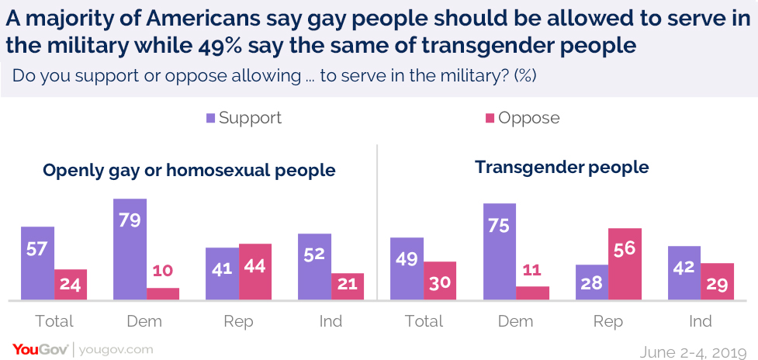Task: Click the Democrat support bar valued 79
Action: (130, 249)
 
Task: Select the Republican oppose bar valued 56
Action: (625, 264)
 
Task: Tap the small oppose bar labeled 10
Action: (163, 294)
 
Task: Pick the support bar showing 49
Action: (407, 268)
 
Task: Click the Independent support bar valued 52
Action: (314, 266)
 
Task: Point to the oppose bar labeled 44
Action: (255, 272)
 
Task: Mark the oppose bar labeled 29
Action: (717, 282)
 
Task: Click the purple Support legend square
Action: (210, 119)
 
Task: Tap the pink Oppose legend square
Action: (490, 119)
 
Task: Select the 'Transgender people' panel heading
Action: (562, 168)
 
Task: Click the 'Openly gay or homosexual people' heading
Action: (189, 170)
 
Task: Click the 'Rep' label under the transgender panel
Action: (607, 321)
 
